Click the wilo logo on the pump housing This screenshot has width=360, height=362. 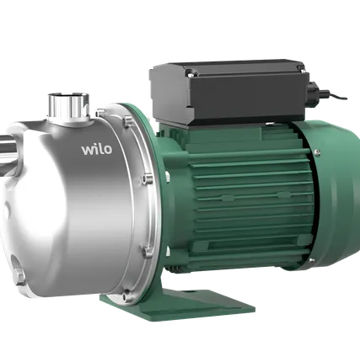[97, 149]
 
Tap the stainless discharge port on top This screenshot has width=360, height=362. [68, 106]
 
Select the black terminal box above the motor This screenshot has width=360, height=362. [229, 92]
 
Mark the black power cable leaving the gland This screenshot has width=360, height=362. [335, 95]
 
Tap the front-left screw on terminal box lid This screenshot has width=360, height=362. [191, 74]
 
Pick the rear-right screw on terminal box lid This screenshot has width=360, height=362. [300, 67]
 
